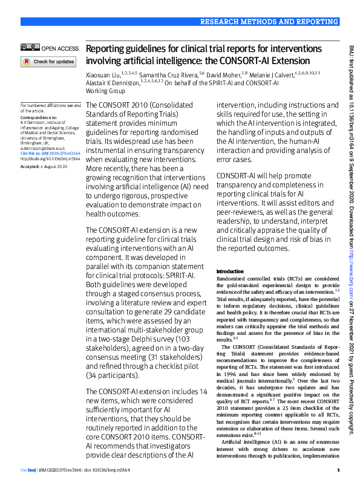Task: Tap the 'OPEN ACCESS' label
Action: click(59, 48)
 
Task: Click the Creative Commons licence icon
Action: click(29, 48)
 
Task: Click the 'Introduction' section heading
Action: click(229, 271)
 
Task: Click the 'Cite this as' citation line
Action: click(50, 154)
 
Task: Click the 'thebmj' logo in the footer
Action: click(28, 470)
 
